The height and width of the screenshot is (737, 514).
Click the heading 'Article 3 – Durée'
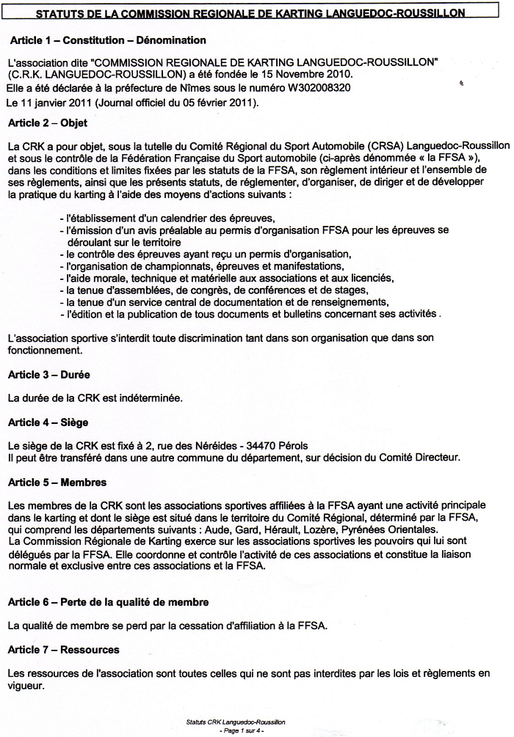48,374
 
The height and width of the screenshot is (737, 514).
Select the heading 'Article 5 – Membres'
57,483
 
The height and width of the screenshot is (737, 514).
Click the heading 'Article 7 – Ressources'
64,650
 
